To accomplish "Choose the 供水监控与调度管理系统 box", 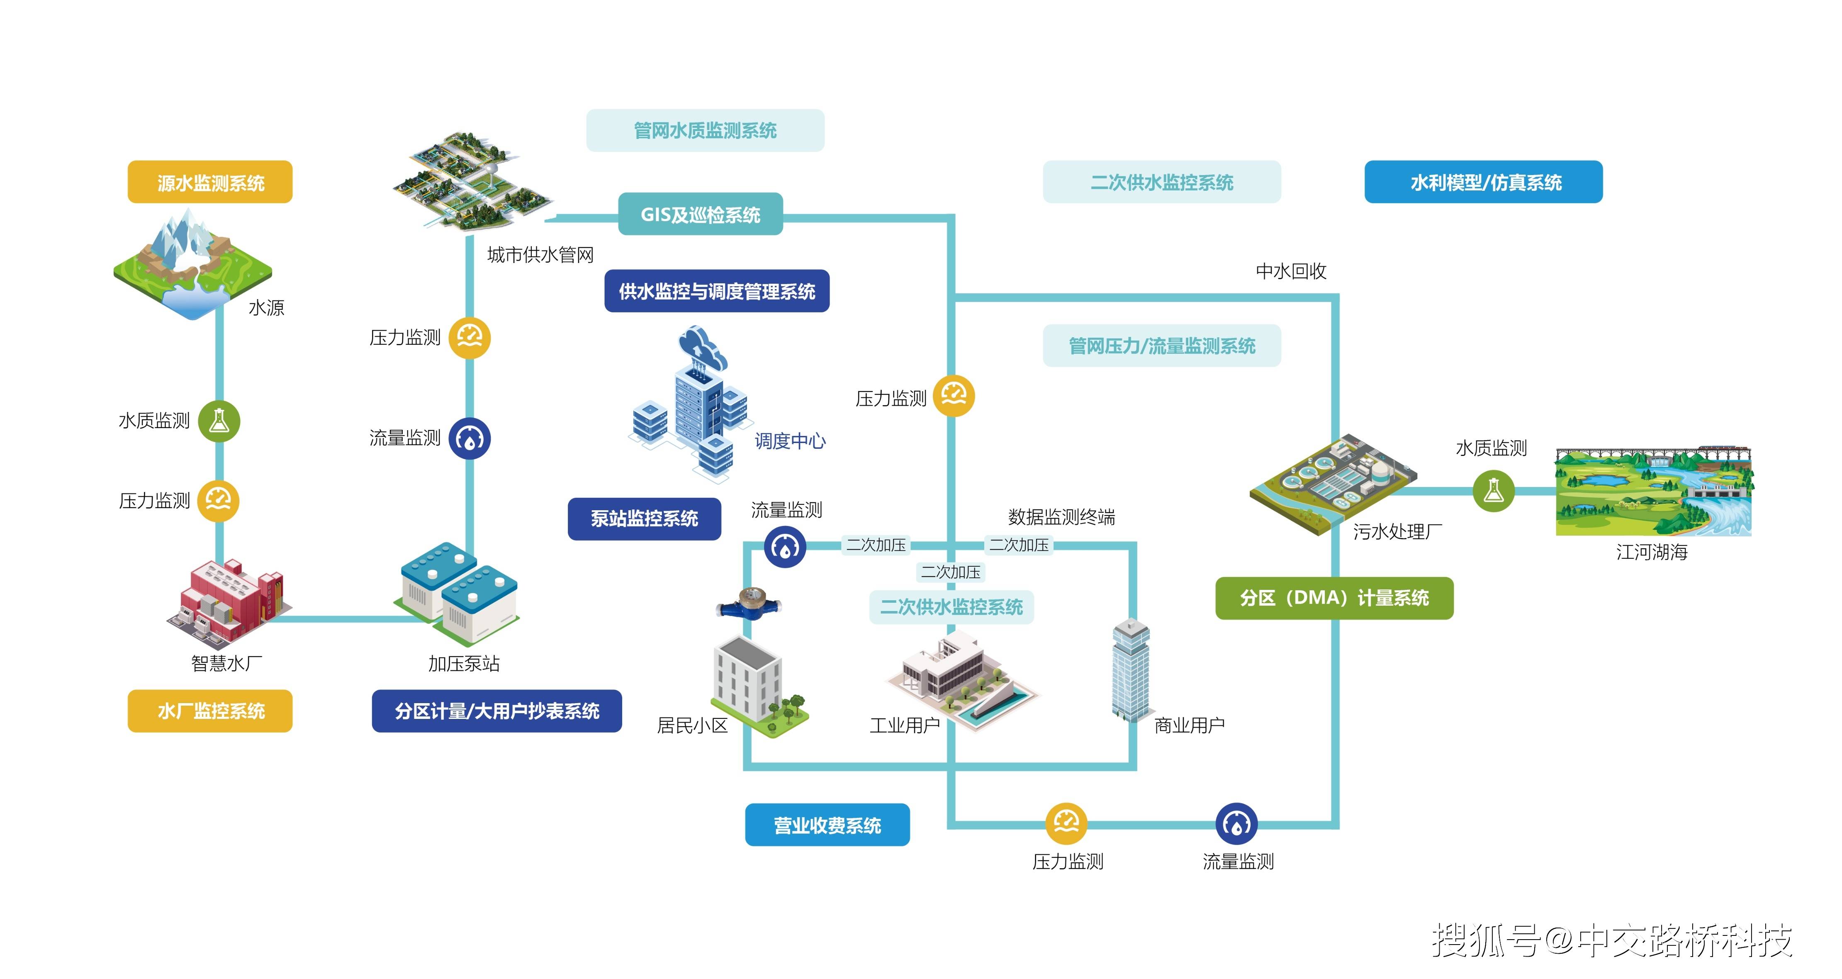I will (x=716, y=291).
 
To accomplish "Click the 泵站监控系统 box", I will (x=644, y=519).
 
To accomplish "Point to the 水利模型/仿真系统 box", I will (x=1483, y=183).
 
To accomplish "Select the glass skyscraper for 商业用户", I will (x=1131, y=669).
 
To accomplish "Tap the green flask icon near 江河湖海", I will (x=1493, y=491).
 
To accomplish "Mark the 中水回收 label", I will (x=1291, y=271).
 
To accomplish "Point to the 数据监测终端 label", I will (x=1061, y=517).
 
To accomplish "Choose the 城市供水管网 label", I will (x=540, y=255).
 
